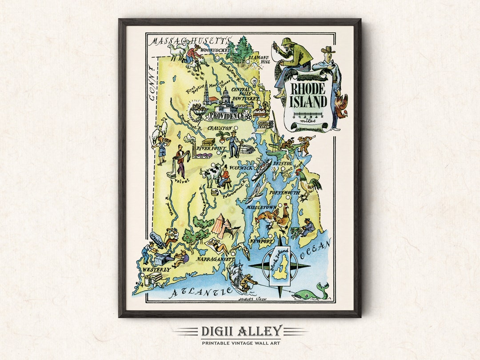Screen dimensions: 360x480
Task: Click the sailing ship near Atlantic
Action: pos(238,276)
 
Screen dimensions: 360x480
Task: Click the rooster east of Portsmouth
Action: pos(308,184)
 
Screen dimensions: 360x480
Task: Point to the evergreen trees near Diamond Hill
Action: pos(239,51)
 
